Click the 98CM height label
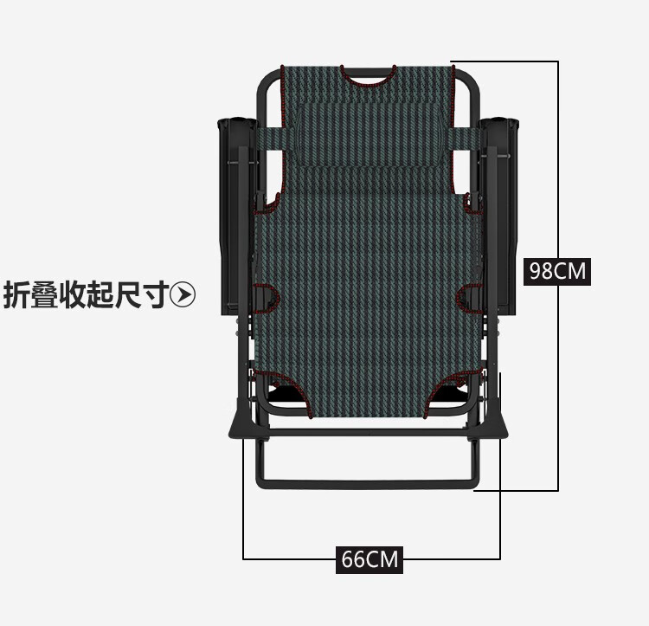coord(558,271)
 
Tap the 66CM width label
coord(369,559)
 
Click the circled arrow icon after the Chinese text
coord(183,295)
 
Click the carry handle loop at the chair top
coord(368,76)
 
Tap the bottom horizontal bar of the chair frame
coord(368,483)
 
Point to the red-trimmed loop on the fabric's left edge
coord(269,299)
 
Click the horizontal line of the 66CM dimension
coord(286,558)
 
